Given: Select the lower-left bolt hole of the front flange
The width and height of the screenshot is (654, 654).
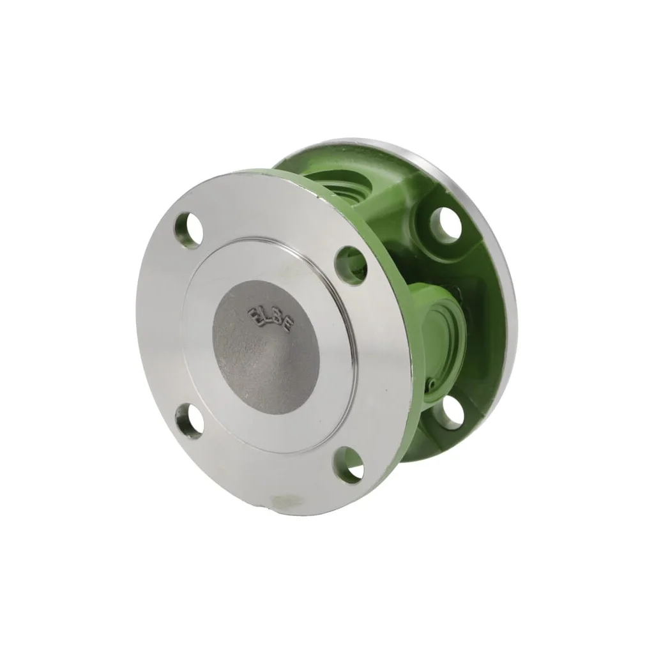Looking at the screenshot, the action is click(190, 418).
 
